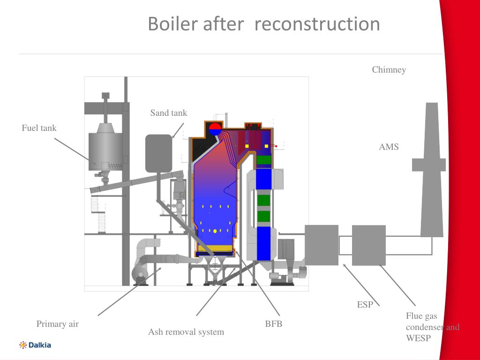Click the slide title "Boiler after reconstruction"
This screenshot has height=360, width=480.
263,24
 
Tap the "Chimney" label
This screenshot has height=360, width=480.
389,70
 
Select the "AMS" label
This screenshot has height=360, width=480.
389,147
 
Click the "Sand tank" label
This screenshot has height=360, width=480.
168,112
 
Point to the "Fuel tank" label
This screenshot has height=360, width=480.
39,127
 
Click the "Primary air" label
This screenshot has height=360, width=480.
58,324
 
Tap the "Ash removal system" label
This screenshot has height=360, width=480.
186,332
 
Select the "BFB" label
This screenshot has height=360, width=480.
274,323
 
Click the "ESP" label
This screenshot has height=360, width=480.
365,305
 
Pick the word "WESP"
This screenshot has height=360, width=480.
418,337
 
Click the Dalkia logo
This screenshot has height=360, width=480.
35,345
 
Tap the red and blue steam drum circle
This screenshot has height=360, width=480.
215,128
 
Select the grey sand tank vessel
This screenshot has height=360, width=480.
158,153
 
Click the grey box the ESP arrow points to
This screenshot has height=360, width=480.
322,245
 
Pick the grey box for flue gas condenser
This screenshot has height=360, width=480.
369,245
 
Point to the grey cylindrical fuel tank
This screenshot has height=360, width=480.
105,150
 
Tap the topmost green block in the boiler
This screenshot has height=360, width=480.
264,159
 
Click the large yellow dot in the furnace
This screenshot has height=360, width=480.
215,231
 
